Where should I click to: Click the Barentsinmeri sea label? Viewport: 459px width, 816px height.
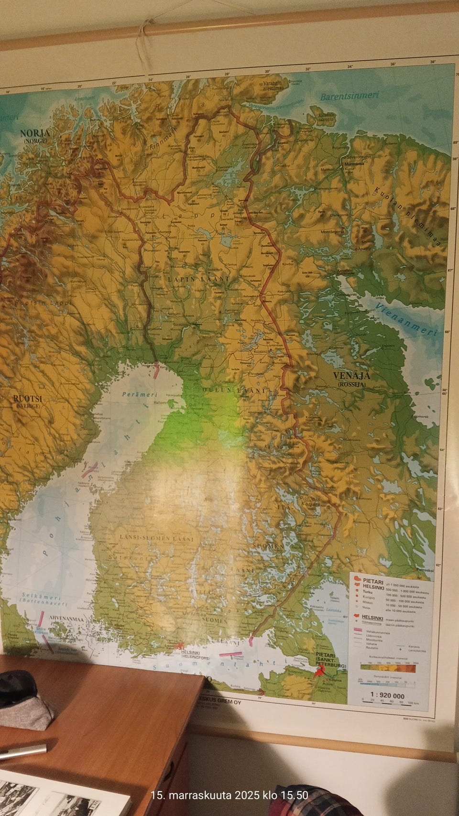pos(349,96)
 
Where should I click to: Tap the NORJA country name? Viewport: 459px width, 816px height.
pos(35,133)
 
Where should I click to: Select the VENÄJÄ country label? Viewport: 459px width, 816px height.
pos(352,376)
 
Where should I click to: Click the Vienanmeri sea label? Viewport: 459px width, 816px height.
pos(405,319)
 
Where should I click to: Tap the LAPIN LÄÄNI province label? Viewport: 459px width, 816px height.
pos(198,279)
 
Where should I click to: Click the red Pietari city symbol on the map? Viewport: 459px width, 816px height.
pos(318,672)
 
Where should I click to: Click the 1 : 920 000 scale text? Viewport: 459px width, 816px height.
pos(387,696)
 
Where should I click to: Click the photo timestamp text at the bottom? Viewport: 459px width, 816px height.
pos(229,795)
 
